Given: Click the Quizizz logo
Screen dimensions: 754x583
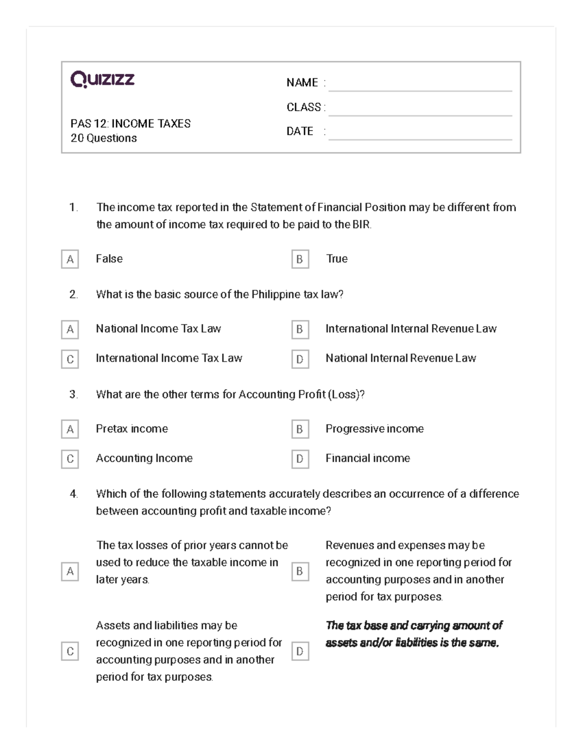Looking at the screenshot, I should (x=103, y=79).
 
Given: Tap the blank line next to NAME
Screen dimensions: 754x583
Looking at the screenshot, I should (x=420, y=85).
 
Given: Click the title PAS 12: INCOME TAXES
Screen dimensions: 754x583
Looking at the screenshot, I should (x=130, y=124).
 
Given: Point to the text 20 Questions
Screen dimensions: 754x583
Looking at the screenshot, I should (x=103, y=138).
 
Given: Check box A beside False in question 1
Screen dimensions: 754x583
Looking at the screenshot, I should (x=70, y=259).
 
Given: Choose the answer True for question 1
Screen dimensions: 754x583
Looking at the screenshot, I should (x=337, y=259).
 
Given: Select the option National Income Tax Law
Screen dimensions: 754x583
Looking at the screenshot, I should (x=158, y=329).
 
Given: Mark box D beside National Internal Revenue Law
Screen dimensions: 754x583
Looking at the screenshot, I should (x=300, y=359).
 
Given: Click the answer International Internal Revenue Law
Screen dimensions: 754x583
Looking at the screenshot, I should (x=411, y=329).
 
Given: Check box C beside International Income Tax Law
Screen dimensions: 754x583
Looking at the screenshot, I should (x=70, y=359).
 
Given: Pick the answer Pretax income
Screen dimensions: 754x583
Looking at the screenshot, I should (x=132, y=429).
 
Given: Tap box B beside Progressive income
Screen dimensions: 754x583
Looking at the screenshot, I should (x=300, y=430).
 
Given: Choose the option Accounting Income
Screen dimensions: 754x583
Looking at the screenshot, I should (x=144, y=458).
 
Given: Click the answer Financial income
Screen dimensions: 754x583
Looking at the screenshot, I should (x=367, y=458).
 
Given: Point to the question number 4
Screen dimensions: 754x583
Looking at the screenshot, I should (x=73, y=494).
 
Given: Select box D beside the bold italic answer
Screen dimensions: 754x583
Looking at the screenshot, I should (x=300, y=652).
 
